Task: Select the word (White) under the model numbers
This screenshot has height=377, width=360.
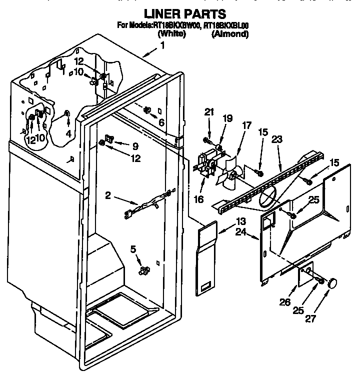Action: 171,34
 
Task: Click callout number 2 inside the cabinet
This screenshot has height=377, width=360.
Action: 108,196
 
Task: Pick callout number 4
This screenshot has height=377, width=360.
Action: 68,133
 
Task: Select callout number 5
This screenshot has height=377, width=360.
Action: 132,248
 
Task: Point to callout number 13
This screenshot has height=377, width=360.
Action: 241,221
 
